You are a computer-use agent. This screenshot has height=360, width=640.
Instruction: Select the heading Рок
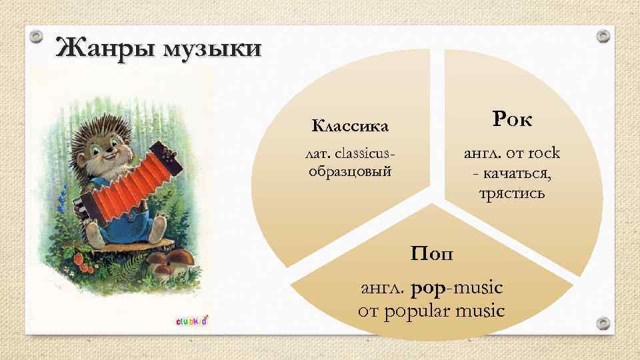click(513, 120)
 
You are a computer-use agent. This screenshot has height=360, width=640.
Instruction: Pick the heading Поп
click(431, 253)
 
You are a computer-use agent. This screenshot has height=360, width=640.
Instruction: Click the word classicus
click(366, 155)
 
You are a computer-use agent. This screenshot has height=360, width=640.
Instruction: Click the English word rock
click(543, 153)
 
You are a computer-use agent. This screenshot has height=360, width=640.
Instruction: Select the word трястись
click(512, 193)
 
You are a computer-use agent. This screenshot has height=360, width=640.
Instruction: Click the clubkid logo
click(192, 321)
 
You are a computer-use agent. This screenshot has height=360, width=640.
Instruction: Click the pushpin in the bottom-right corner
click(603, 323)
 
